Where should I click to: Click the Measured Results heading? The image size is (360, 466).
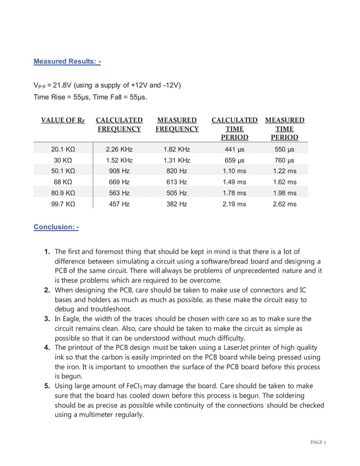click(67, 61)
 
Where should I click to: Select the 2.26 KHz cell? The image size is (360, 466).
click(119, 150)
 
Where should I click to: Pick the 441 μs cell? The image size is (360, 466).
click(234, 150)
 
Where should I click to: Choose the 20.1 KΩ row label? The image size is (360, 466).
click(63, 150)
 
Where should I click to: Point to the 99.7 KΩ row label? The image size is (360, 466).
click(63, 204)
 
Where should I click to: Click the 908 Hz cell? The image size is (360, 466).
click(119, 171)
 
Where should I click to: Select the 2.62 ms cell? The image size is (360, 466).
click(284, 204)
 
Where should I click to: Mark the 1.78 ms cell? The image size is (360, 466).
click(234, 193)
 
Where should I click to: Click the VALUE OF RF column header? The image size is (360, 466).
click(63, 121)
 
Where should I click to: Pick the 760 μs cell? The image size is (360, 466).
click(284, 160)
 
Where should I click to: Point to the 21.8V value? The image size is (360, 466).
click(58, 85)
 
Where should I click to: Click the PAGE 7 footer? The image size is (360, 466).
click(318, 442)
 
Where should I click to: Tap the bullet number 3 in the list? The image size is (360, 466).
click(47, 320)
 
